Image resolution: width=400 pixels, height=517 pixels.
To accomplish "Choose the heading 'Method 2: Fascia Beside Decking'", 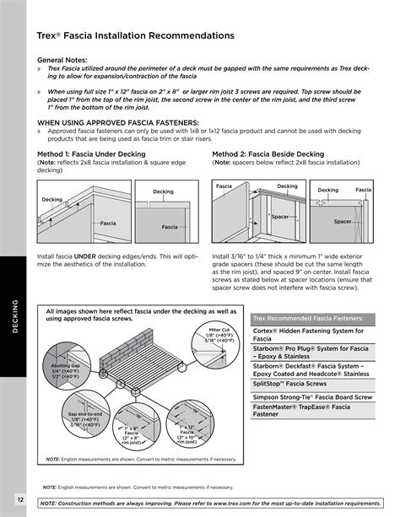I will [268, 154].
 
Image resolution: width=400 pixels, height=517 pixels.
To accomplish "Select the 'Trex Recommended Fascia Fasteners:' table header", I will [308, 318].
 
